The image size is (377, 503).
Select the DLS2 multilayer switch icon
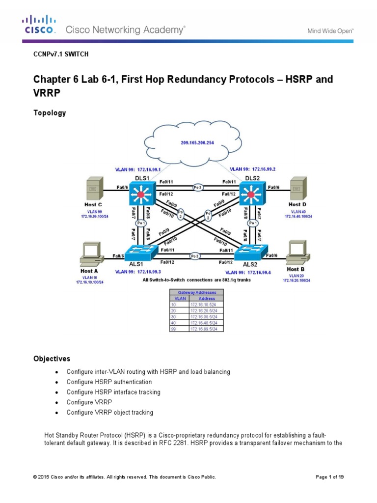click(252, 195)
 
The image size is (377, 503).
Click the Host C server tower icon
click(94, 189)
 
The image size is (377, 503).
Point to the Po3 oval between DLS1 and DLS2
click(197, 187)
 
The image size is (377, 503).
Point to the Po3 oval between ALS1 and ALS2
click(195, 255)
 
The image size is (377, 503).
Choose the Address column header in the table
click(206, 298)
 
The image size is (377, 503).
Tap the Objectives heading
click(52, 359)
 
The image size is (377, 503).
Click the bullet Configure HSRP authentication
click(109, 382)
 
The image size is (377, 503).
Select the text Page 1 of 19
click(332, 477)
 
